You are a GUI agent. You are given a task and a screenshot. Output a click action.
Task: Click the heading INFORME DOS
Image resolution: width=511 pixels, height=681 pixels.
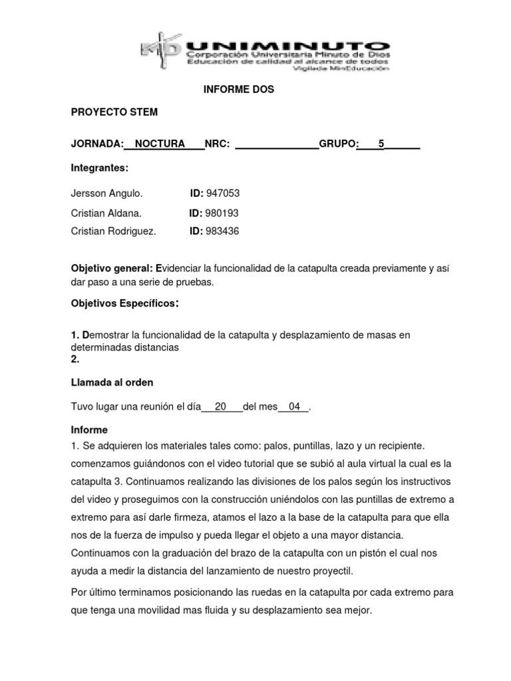click(238, 89)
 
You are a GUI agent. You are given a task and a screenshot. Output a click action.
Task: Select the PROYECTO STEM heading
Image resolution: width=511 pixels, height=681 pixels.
click(114, 112)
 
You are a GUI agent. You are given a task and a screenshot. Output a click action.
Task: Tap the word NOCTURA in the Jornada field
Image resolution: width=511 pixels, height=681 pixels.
click(160, 144)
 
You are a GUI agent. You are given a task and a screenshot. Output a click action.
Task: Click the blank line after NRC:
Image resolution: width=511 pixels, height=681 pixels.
click(277, 144)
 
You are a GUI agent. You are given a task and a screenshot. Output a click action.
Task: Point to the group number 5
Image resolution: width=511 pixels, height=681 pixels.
click(381, 144)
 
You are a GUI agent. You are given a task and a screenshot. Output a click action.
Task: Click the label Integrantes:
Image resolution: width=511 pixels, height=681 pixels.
click(99, 169)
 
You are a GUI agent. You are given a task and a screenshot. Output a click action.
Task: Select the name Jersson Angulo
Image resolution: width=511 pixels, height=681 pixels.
click(106, 194)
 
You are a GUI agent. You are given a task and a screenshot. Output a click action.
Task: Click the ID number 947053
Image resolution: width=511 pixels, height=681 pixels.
click(223, 194)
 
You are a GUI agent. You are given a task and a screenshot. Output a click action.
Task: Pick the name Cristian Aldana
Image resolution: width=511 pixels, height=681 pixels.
click(106, 213)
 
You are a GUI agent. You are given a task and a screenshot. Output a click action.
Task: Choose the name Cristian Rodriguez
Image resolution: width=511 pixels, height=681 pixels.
click(113, 231)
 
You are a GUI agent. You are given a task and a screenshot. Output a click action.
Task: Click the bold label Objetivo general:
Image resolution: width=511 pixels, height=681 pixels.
click(112, 268)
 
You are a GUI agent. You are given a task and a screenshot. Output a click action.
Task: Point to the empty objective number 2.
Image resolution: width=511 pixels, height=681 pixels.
click(75, 359)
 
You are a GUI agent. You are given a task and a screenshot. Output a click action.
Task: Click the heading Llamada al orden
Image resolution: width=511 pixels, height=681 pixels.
click(112, 382)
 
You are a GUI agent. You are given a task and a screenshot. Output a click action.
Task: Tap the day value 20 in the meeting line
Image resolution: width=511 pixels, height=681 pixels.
click(222, 407)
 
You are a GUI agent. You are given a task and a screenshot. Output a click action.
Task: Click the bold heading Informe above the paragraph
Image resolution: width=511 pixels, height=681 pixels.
click(89, 430)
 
